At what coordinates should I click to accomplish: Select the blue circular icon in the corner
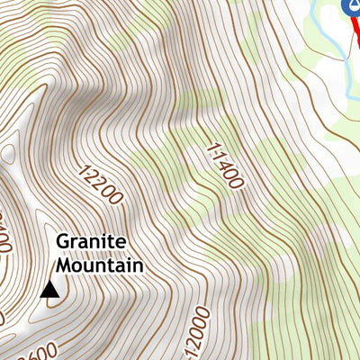pos(352,7)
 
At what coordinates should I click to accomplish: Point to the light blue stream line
pos(317,18)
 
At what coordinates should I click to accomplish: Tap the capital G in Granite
pos(62,243)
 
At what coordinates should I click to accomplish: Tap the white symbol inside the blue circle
pos(352,7)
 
